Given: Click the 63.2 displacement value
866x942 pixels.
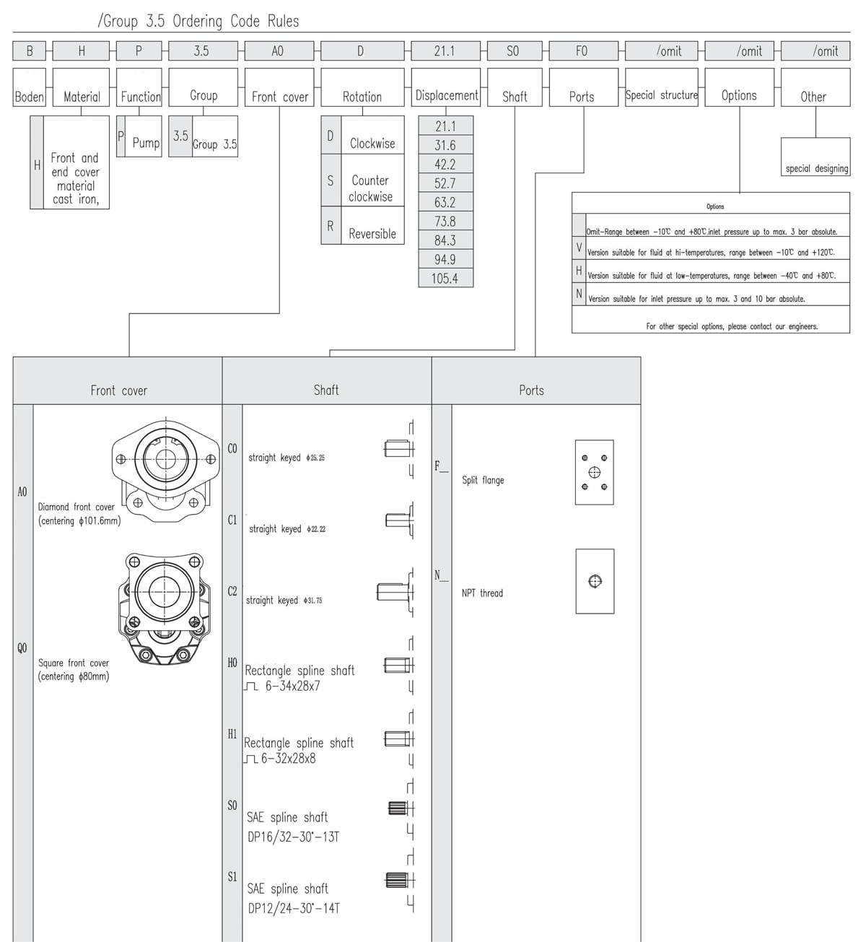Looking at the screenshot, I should coord(445,202).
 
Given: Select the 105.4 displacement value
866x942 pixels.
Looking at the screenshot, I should coord(445,279).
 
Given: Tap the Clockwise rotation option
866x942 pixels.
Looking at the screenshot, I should coord(372,143).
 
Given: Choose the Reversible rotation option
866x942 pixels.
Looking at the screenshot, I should coord(372,233).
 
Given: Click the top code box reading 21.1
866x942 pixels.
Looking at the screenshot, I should coord(445,51).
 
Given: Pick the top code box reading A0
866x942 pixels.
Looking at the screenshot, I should coord(278,51).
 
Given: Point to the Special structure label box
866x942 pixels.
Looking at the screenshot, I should coord(661,95).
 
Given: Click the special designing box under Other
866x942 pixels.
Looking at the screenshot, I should coord(816,168).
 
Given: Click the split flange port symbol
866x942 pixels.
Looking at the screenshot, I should coord(594,472).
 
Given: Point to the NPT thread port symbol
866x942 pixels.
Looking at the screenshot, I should coord(595,581).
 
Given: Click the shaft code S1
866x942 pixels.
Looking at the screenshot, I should coord(232,877).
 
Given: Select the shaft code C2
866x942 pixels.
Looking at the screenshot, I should coord(232,591).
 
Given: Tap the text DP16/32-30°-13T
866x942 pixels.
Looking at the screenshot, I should coord(293,837).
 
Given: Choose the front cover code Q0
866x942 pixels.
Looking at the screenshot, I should coord(22,647).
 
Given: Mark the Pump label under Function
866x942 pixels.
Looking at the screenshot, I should coord(145,143).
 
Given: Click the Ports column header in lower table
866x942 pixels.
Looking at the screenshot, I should coord(532,390).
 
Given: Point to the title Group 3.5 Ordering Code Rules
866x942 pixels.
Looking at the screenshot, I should coord(198,21).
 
